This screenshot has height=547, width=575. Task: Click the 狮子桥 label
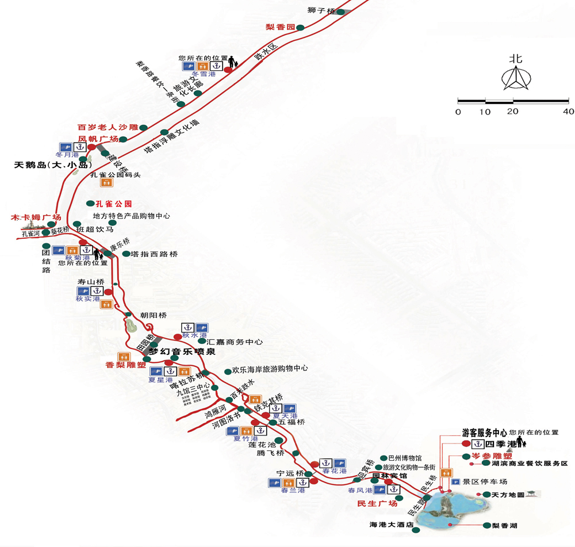(321, 10)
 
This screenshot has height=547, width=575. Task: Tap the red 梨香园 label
(280, 27)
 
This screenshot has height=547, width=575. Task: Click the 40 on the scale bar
(569, 112)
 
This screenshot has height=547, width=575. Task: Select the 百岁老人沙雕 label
(108, 127)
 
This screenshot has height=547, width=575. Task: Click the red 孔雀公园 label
(113, 204)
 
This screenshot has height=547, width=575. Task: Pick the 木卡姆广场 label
(36, 217)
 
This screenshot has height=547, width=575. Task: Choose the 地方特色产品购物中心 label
(132, 216)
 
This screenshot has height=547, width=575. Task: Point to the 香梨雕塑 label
(125, 365)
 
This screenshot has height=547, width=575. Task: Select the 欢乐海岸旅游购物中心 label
(270, 369)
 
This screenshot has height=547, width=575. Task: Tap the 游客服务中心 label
(484, 432)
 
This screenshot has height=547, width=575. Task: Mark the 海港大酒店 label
(392, 525)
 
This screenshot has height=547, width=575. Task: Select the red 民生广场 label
(377, 503)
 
